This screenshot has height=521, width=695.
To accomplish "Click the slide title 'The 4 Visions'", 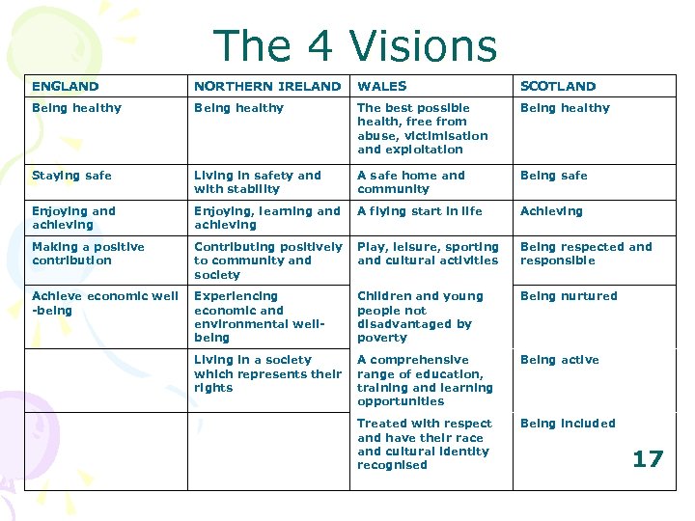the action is click(354, 46).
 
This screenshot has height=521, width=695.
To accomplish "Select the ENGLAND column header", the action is click(65, 86).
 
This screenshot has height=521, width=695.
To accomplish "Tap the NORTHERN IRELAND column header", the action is click(267, 86).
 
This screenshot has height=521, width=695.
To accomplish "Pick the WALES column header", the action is click(382, 86).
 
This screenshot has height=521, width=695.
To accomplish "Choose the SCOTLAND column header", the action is click(558, 86).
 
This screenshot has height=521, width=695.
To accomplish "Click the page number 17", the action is click(648, 458).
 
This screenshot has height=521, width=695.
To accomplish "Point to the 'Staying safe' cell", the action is click(71, 176).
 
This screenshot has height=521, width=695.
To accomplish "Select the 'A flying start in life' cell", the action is click(420, 211).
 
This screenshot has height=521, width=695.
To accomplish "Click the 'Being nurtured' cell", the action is click(569, 296).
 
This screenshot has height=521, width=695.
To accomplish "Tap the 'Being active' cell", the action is click(559, 360).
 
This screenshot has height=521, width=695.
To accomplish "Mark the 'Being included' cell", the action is click(568, 424).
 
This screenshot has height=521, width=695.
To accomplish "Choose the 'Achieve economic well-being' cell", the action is click(104, 303).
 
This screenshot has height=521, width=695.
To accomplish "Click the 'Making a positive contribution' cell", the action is click(88, 254).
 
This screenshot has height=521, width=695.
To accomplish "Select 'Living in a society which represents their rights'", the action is click(267, 373).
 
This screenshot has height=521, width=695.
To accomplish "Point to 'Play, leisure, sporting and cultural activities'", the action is click(428, 254).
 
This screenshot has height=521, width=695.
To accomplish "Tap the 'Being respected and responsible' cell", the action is click(586, 254).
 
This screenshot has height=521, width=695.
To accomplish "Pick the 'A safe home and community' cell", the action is click(410, 182).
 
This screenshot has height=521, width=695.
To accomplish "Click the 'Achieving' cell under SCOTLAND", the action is click(551, 211).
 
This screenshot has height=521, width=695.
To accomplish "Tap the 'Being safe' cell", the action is click(553, 176).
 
